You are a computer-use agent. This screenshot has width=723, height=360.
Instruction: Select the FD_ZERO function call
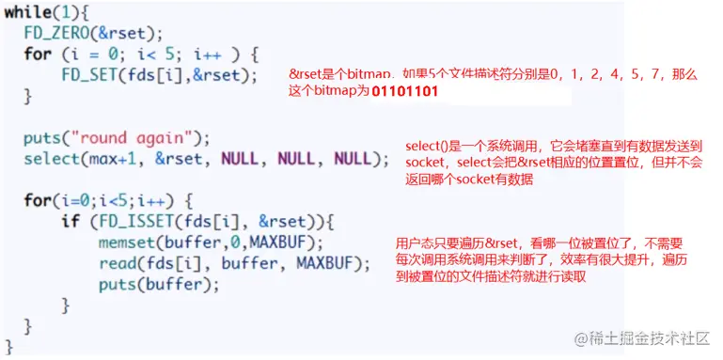56,33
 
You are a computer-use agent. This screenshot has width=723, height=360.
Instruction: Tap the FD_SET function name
87,74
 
